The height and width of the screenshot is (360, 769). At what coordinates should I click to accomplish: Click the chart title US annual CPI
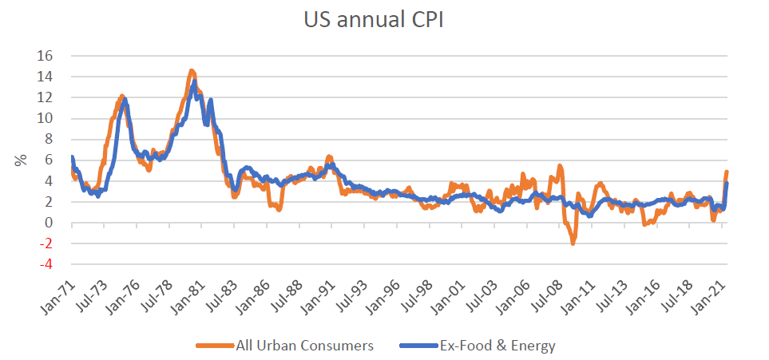click(x=384, y=20)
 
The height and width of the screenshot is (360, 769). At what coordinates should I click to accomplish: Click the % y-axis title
click(x=20, y=160)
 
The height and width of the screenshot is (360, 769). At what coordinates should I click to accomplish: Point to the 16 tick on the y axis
click(x=45, y=56)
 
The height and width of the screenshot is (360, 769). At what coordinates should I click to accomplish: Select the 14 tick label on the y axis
click(x=45, y=77)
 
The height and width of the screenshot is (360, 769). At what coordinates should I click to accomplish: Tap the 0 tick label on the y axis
click(x=49, y=223)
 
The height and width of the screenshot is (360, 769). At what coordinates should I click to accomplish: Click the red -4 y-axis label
click(x=46, y=264)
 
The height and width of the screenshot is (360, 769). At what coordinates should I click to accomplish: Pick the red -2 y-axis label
click(x=46, y=243)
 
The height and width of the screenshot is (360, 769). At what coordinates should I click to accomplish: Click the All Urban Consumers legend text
click(x=304, y=346)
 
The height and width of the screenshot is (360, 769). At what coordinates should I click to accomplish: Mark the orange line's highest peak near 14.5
click(x=192, y=72)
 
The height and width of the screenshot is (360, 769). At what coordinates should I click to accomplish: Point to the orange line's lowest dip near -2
click(x=573, y=243)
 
